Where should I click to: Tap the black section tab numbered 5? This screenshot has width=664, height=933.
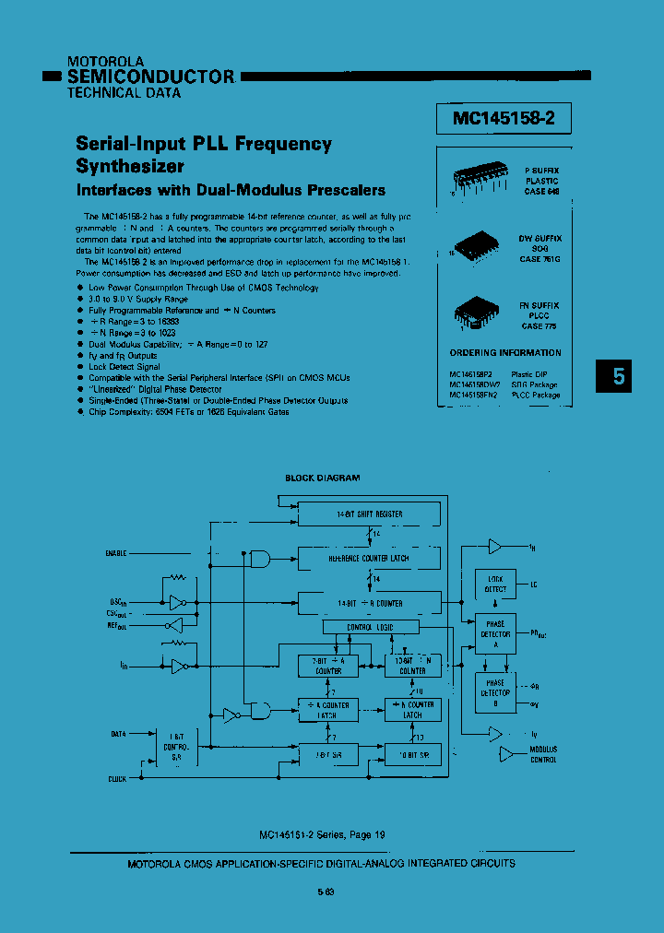click(x=619, y=376)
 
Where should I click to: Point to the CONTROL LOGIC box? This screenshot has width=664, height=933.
click(x=370, y=628)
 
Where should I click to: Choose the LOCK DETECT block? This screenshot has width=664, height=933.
click(x=495, y=584)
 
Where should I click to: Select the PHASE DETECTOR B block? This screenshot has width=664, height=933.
click(x=495, y=692)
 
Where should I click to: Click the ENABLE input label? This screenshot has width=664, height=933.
click(x=116, y=553)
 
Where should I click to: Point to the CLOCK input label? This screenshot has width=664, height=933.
click(x=117, y=779)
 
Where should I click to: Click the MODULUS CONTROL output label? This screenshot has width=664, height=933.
click(x=543, y=754)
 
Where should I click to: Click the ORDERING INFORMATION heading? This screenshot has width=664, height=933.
click(x=504, y=353)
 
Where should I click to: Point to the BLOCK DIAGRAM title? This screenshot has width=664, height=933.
click(x=322, y=478)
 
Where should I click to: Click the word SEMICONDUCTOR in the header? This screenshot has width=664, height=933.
click(x=151, y=77)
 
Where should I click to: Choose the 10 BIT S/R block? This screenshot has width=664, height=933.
click(x=412, y=755)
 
